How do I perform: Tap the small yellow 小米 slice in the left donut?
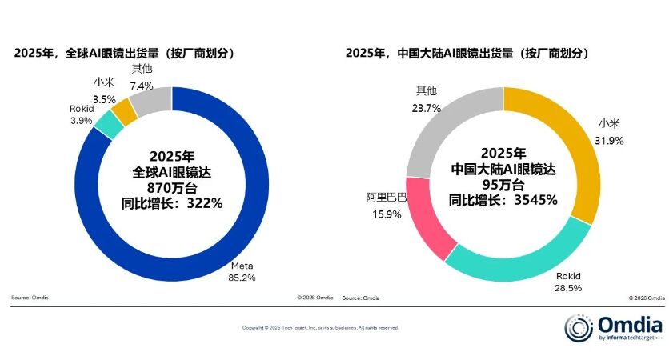point(124,107)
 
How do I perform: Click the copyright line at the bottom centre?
point(320,328)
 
